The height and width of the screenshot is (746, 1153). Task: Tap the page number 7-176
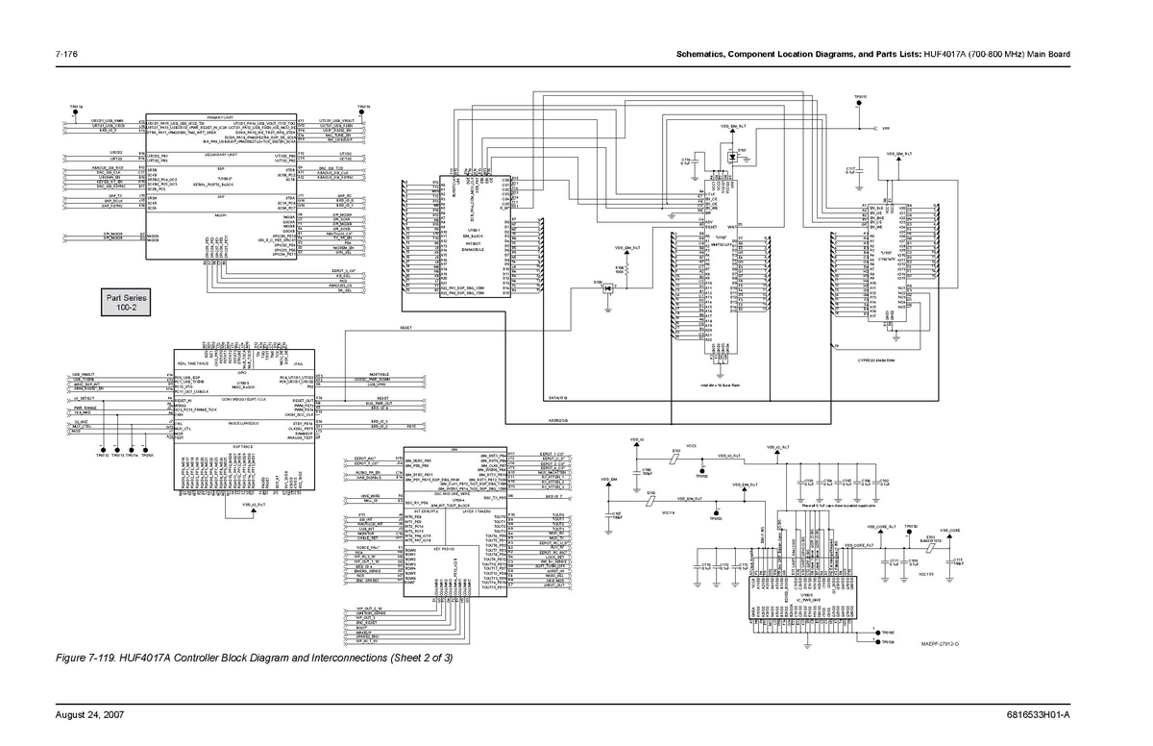tap(67, 53)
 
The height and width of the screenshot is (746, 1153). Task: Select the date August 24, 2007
tap(88, 716)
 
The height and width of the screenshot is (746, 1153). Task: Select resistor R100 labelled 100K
tap(619, 268)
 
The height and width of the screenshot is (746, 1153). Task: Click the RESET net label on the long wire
tap(405, 328)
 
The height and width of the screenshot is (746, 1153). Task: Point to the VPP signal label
tap(885, 127)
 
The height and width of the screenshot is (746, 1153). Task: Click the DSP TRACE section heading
tap(242, 448)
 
